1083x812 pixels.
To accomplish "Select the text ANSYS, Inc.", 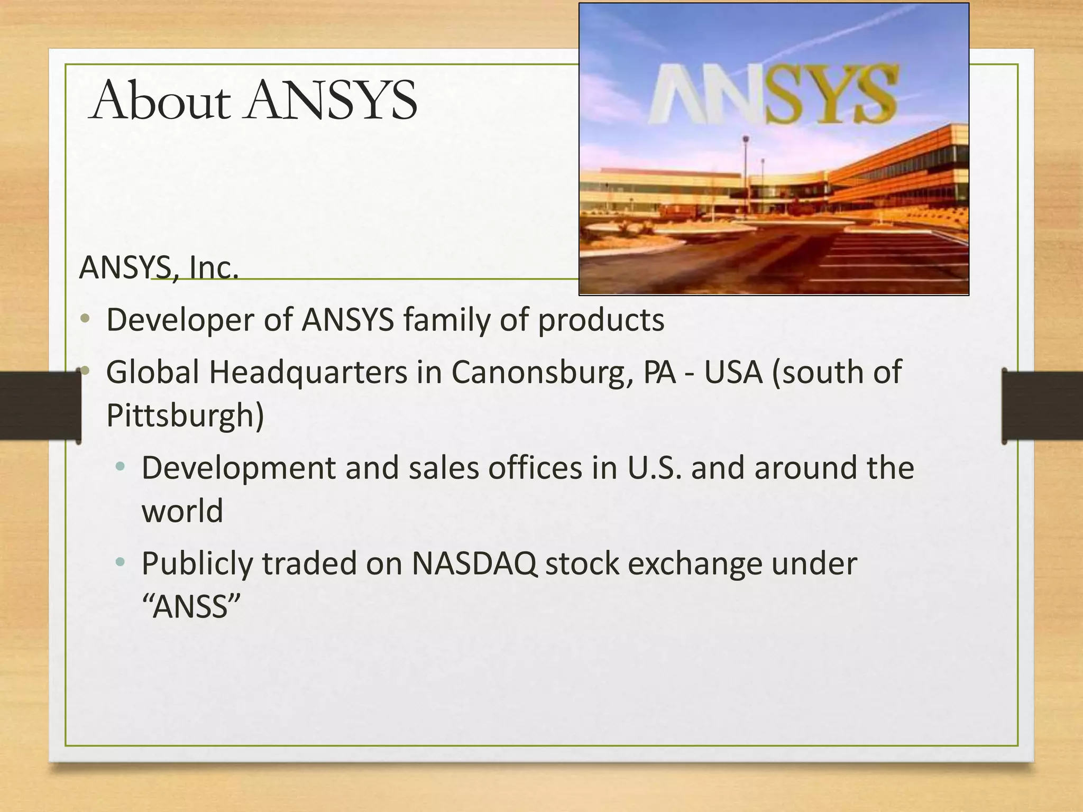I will point(159,267).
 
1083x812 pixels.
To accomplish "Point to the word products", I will point(601,320).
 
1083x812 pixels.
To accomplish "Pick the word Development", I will point(238,468).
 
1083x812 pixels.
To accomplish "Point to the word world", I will point(182,511).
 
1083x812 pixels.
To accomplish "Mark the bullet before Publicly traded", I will point(121,562).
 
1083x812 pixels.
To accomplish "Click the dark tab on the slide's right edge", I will point(1042,406).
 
